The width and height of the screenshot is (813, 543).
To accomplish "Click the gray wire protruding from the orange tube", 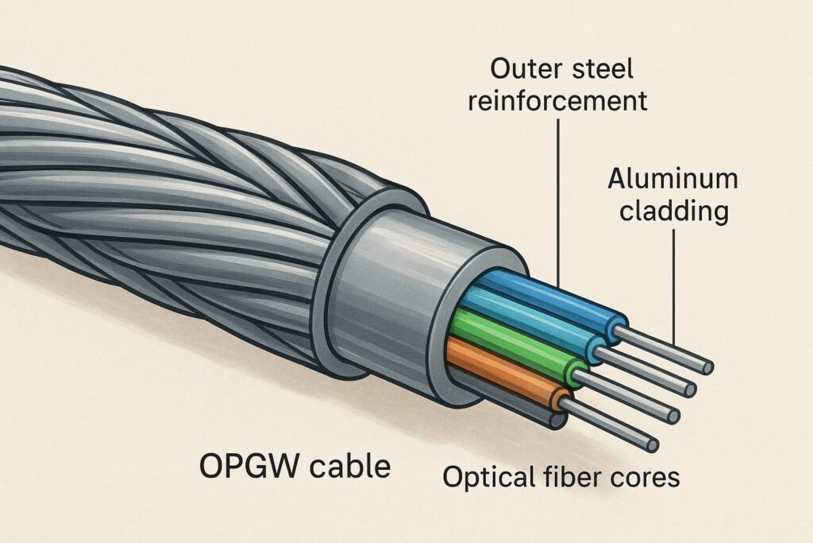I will coord(611,425).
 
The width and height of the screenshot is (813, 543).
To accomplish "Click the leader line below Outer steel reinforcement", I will coord(559,199).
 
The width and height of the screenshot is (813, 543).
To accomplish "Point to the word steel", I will coord(603,68).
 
